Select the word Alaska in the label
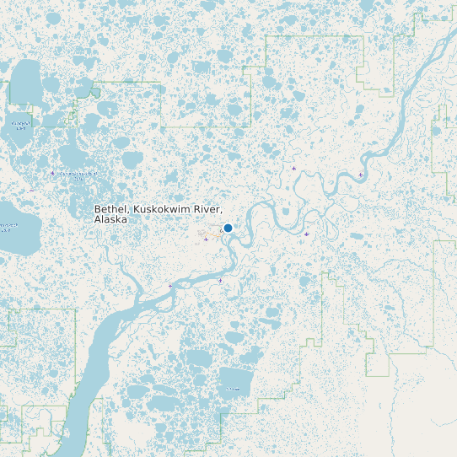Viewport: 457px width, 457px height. (x=110, y=219)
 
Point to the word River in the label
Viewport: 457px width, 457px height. (x=207, y=208)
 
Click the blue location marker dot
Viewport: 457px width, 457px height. (x=228, y=228)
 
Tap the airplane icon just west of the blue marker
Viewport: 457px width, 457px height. (x=207, y=239)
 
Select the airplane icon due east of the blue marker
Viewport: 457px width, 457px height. (x=306, y=234)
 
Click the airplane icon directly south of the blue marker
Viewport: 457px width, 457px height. (x=221, y=279)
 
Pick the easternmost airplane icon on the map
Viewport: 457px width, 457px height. (x=361, y=175)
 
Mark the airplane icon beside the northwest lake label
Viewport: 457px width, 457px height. (x=52, y=173)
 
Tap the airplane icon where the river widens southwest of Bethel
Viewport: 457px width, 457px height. (x=169, y=286)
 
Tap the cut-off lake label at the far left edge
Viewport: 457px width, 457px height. (x=8, y=226)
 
